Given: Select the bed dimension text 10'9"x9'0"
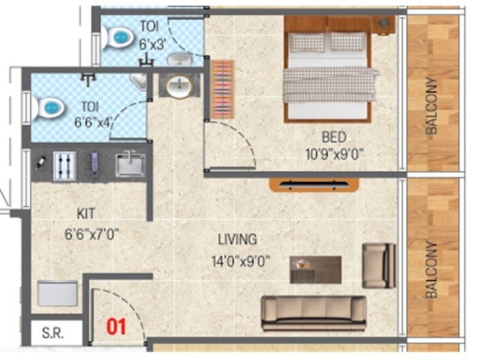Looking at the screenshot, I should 336,154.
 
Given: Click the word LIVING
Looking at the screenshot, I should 237,240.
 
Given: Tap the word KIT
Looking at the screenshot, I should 87,213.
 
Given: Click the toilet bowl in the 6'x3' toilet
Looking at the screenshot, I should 121,38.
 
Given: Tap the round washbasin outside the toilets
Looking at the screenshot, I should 179,87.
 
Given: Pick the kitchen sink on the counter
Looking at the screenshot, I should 129,164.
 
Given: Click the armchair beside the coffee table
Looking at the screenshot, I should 379,265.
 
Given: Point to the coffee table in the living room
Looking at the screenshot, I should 316,269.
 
